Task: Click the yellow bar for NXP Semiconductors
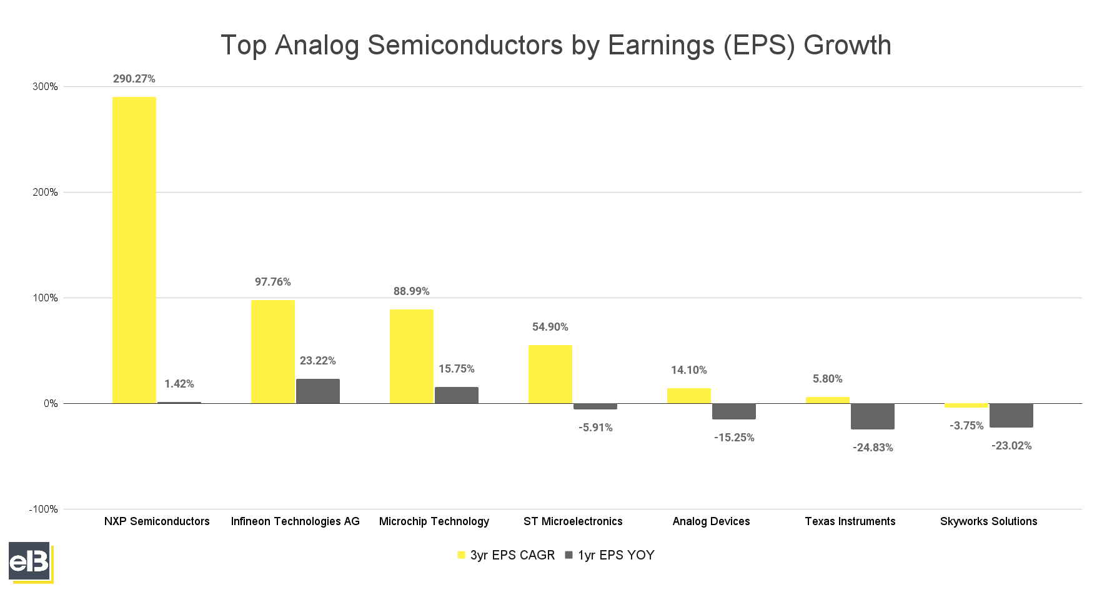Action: point(134,250)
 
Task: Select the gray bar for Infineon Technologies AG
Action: point(318,391)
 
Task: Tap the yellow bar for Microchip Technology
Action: point(412,356)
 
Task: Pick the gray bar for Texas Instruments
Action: point(873,416)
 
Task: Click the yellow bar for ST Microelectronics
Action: point(550,374)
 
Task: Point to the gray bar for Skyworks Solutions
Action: point(1011,416)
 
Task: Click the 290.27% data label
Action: point(134,79)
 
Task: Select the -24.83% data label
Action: point(873,448)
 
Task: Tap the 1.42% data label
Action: point(179,384)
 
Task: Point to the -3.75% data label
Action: point(966,426)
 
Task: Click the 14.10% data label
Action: point(689,370)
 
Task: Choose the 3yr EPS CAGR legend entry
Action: point(506,555)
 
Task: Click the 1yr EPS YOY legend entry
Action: point(610,555)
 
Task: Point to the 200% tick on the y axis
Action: point(45,193)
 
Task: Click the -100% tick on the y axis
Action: point(43,509)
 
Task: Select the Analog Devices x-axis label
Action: point(711,521)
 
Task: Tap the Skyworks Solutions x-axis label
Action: point(988,521)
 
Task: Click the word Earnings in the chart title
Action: point(661,46)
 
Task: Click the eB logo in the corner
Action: point(30,562)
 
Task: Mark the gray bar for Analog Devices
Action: point(734,411)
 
